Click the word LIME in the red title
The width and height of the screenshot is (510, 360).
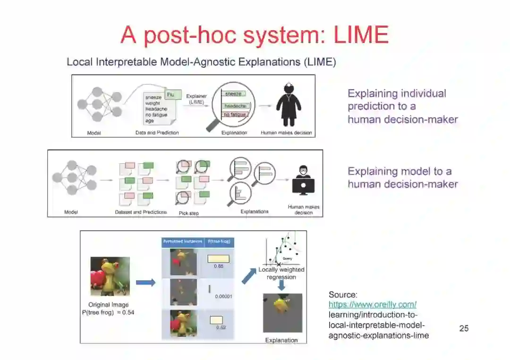coord(361,34)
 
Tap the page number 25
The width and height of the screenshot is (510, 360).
coord(464,328)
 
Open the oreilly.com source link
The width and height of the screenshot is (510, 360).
coord(373,305)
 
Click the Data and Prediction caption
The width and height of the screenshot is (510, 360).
coord(157,133)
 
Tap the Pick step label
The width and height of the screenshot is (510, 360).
coord(188,213)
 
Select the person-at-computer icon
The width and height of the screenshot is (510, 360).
coord(303,181)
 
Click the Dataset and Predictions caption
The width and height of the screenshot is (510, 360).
coord(141,212)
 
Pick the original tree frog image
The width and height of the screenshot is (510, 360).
coord(110,276)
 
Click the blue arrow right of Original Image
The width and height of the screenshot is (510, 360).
coord(145,283)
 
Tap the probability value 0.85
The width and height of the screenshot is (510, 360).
coord(218,267)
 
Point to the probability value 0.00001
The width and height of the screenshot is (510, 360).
coord(223,297)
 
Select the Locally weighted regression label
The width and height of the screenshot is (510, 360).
coord(281,273)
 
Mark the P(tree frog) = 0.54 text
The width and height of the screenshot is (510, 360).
coord(108,313)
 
